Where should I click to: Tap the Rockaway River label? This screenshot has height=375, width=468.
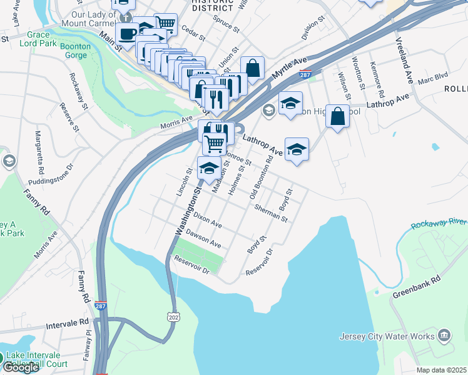[x=439, y=222]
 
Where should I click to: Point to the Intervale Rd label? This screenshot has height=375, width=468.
[x=68, y=324]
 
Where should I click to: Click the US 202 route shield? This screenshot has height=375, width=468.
[x=173, y=317]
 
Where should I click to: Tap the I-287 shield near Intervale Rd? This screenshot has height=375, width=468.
[x=101, y=306]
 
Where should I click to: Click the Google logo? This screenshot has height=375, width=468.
[x=21, y=367]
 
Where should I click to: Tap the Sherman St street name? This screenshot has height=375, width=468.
[x=272, y=213]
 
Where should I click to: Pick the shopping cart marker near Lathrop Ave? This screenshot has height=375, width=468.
[x=214, y=143]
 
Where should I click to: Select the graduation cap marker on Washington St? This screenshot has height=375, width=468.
[x=208, y=167]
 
